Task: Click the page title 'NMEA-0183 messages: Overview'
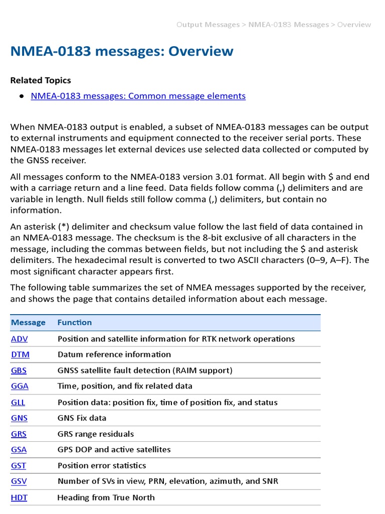tap(122, 51)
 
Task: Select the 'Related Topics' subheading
tap(41, 80)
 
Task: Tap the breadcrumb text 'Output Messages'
tap(208, 25)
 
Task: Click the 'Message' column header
tap(28, 322)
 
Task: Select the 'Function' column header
tap(75, 322)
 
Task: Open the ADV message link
tap(20, 339)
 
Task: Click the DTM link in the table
tap(20, 354)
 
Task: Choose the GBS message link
tap(19, 370)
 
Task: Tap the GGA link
tap(20, 386)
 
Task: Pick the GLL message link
tap(18, 402)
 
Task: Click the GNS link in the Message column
tap(19, 418)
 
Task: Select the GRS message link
tap(19, 434)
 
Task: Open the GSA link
tap(19, 449)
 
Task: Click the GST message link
tap(19, 465)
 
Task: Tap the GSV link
tap(19, 481)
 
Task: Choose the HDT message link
tap(19, 497)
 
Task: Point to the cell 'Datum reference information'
tap(114, 354)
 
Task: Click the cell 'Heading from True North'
tap(106, 497)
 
